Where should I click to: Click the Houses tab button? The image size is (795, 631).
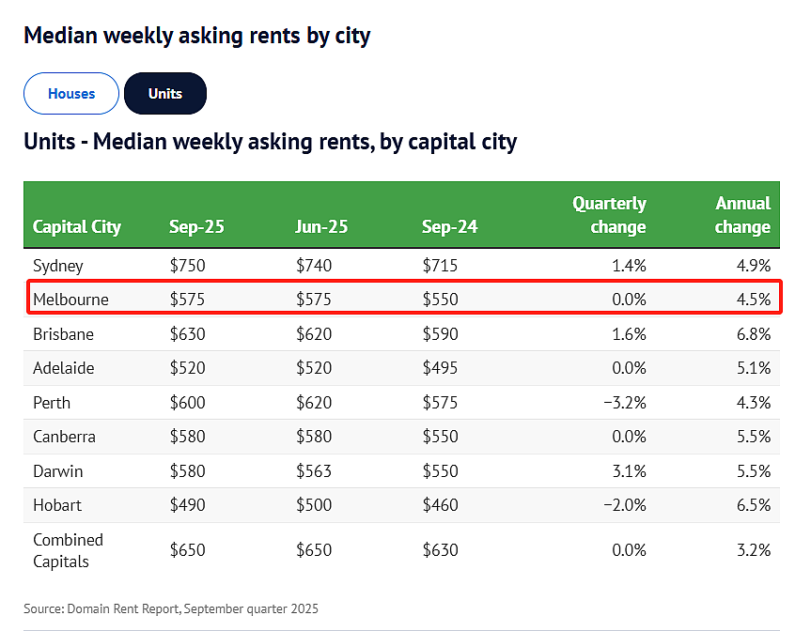71,93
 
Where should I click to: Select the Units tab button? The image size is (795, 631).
165,93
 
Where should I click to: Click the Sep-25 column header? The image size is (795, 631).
196,226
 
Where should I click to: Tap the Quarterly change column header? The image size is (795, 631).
609,215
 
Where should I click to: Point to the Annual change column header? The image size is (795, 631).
742,215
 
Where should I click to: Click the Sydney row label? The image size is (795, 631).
58,266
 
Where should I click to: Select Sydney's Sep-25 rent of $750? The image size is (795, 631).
188,266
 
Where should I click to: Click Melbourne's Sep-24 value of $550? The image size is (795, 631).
441,300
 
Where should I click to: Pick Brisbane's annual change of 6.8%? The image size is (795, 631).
754,334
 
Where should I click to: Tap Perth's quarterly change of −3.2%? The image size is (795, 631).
625,403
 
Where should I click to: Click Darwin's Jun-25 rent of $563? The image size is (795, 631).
314,471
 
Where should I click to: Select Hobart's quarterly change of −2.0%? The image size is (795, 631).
625,505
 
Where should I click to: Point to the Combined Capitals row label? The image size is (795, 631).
68,550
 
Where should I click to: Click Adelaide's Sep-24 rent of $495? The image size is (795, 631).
440,368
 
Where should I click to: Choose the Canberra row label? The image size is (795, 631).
64,437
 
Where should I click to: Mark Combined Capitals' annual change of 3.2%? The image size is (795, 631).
754,550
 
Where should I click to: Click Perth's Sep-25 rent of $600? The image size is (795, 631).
188,403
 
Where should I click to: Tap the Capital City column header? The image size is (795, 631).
77,227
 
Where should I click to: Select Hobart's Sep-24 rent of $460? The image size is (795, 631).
441,505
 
